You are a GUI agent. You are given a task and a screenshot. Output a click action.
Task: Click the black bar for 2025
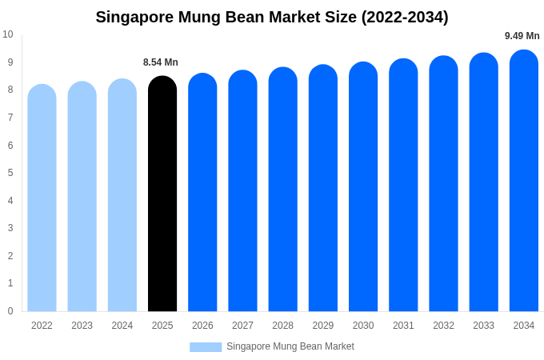162,196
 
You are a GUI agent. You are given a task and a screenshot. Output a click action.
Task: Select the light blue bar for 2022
42,200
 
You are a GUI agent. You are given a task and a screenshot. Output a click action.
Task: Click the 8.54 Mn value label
161,62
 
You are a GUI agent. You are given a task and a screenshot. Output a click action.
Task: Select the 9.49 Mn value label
522,36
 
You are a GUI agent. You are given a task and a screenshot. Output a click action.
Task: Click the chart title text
272,17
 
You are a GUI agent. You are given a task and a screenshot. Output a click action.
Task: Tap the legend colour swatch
206,346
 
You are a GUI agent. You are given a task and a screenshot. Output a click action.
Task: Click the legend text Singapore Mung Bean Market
290,346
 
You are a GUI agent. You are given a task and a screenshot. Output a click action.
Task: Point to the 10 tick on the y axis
8,34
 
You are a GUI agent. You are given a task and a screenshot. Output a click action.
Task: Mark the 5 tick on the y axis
10,173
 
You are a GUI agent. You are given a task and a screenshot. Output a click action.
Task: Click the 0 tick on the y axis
10,311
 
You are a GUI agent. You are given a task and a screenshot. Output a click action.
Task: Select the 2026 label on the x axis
202,326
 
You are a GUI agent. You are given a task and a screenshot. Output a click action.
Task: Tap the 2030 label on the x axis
363,326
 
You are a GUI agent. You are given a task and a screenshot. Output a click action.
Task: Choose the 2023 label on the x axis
82,326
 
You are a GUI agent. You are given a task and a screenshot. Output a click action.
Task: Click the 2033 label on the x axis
483,326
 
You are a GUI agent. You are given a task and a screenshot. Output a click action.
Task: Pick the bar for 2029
323,190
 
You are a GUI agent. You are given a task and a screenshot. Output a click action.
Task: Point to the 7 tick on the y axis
10,118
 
